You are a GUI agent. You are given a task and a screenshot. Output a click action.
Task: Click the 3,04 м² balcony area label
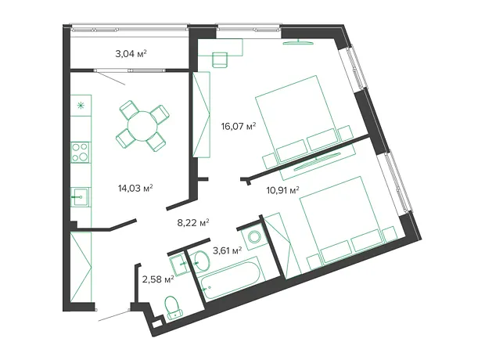(131, 54)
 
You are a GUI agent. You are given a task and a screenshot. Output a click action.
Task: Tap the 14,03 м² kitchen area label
(135, 188)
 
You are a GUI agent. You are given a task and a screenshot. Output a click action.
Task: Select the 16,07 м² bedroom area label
(239, 126)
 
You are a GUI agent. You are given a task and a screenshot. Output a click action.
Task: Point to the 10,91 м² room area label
(282, 189)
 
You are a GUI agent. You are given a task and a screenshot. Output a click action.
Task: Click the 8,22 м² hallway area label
(193, 222)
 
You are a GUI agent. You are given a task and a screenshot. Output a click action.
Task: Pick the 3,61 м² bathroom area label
(228, 250)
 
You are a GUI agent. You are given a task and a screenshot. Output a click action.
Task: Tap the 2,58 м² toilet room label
(158, 279)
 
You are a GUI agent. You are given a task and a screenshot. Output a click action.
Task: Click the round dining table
(143, 126)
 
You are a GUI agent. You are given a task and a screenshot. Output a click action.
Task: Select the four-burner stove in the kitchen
(80, 153)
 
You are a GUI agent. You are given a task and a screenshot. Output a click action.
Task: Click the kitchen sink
(80, 197)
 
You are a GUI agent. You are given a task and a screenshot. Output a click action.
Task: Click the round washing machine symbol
(254, 237)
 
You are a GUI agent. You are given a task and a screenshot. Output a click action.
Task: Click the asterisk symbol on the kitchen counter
(81, 106)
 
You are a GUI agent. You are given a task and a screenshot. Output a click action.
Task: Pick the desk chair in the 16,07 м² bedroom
(220, 59)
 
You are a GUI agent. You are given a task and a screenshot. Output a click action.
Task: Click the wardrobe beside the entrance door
(81, 267)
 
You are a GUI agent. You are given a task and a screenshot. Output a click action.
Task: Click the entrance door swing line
(113, 315)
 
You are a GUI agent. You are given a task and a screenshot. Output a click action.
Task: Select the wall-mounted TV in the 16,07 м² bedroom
(298, 42)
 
